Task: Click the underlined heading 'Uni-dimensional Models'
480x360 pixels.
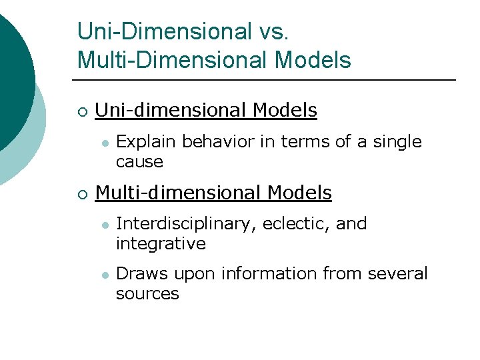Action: point(206,110)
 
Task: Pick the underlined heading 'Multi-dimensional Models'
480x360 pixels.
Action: point(213,193)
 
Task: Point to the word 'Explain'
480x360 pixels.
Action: point(146,142)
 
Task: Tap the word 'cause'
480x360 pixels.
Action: point(139,162)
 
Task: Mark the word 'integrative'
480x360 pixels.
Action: point(161,244)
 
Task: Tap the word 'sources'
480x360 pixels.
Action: point(147,294)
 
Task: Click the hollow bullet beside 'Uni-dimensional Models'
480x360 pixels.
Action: point(81,111)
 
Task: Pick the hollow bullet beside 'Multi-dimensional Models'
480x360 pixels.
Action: point(81,194)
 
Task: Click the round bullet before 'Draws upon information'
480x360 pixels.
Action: point(104,275)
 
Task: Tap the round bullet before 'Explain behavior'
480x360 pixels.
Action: point(104,143)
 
